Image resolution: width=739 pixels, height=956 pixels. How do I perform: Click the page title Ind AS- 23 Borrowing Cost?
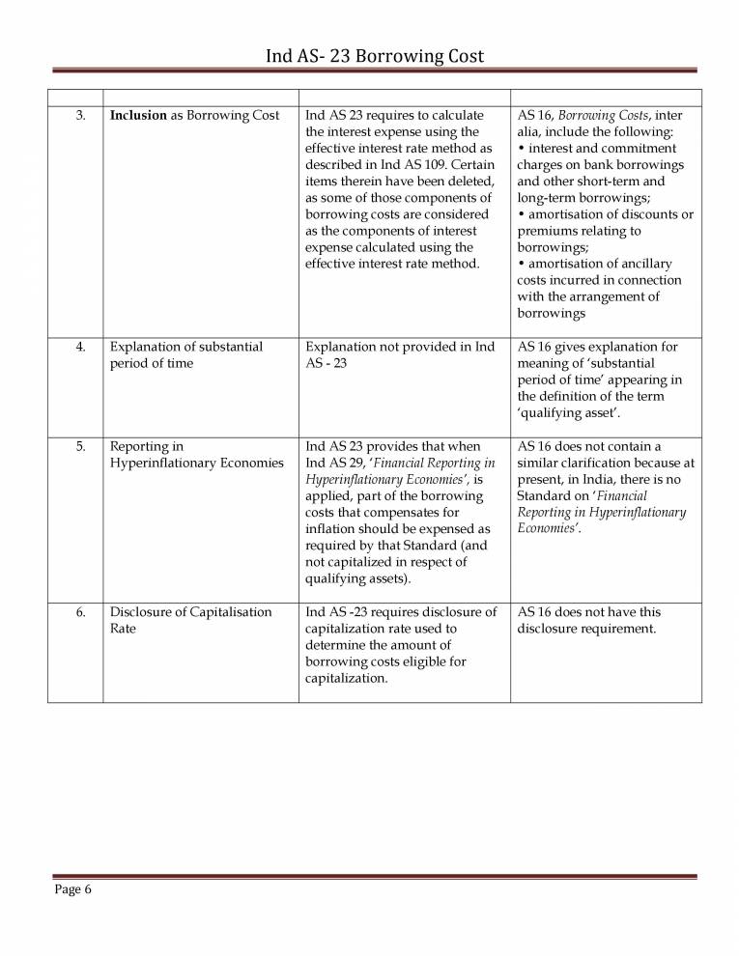pyautogui.click(x=374, y=57)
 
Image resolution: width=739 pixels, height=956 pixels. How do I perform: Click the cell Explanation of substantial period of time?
pyautogui.click(x=185, y=354)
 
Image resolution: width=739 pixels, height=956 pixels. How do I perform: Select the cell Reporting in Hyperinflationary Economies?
pyautogui.click(x=196, y=455)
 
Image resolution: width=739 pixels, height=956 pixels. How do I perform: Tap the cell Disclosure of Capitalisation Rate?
pyautogui.click(x=190, y=620)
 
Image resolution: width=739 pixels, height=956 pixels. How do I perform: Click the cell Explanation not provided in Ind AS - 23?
pyautogui.click(x=399, y=354)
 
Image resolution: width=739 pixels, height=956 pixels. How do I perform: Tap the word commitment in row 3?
pyautogui.click(x=637, y=149)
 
